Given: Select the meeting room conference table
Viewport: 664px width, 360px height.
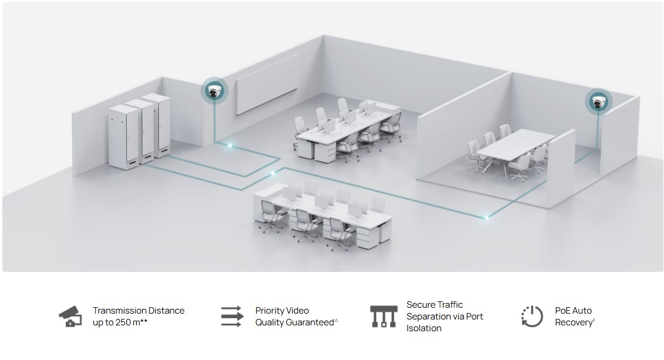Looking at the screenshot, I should point(515,147).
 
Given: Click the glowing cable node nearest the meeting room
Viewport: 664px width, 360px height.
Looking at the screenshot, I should point(487,217).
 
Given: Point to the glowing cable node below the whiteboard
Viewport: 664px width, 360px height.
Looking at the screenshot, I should point(230,144).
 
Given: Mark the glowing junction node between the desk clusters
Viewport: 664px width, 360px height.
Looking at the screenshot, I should point(271,173).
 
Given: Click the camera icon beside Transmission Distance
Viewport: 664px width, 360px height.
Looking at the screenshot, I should point(70,317).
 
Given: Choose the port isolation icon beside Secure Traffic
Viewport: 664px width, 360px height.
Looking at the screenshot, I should point(383,317).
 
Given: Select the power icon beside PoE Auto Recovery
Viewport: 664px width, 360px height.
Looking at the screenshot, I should point(532,317).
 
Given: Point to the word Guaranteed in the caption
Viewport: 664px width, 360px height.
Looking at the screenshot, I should point(310,322).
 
